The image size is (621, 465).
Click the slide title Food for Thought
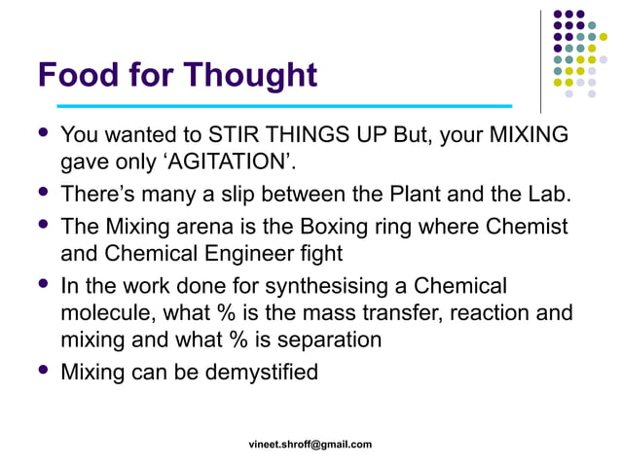[x=177, y=75]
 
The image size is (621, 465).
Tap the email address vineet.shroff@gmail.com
[x=310, y=445]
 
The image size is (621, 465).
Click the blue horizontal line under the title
[x=284, y=105]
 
